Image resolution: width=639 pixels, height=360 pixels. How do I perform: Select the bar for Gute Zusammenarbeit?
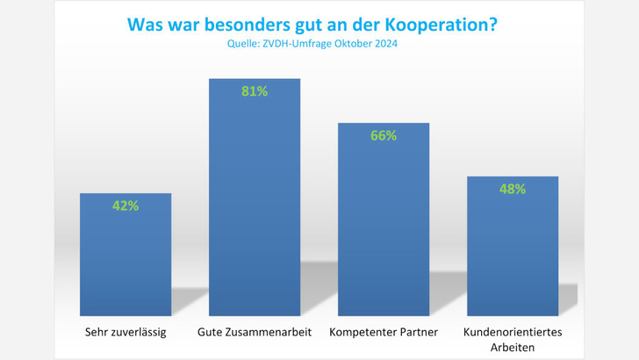pyautogui.click(x=255, y=202)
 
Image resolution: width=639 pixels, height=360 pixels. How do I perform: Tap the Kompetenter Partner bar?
pyautogui.click(x=384, y=224)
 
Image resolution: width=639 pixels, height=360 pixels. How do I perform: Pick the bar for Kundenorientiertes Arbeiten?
pyautogui.click(x=513, y=250)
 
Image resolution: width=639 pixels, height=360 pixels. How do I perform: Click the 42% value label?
pyautogui.click(x=126, y=206)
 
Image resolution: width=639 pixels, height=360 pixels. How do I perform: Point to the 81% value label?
pyautogui.click(x=255, y=91)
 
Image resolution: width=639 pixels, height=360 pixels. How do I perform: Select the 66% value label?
pyautogui.click(x=384, y=135)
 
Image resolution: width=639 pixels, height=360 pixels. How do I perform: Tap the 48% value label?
pyautogui.click(x=513, y=189)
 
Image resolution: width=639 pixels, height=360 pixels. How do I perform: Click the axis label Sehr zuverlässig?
pyautogui.click(x=126, y=333)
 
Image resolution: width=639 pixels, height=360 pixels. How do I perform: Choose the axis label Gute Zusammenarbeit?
pyautogui.click(x=255, y=333)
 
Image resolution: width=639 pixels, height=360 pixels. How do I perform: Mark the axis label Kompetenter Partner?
pyautogui.click(x=384, y=333)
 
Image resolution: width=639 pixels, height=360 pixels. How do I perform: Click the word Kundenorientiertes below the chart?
pyautogui.click(x=513, y=332)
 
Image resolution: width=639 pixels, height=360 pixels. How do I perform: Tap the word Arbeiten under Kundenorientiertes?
pyautogui.click(x=513, y=347)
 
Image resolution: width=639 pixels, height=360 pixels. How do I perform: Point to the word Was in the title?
pyautogui.click(x=146, y=25)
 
